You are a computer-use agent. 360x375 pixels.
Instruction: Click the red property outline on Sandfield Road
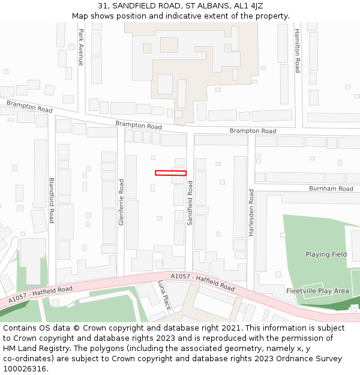tap(170, 173)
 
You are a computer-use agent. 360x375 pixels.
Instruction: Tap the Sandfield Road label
tap(190, 204)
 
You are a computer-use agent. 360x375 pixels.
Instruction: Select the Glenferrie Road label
tap(121, 202)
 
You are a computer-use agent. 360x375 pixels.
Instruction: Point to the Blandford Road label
tap(52, 200)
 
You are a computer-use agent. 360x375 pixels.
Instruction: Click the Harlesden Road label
tap(251, 212)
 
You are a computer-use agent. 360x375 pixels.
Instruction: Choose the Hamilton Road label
tap(296, 51)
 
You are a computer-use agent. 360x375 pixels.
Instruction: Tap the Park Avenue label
tap(81, 47)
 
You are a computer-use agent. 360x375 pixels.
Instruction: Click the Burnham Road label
tap(331, 188)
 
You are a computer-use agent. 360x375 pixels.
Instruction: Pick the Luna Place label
tap(164, 295)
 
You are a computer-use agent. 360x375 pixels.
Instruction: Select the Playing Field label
tap(326, 254)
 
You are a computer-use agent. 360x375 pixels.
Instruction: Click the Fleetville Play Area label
tap(317, 291)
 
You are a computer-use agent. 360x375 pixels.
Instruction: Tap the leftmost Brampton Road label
tap(29, 107)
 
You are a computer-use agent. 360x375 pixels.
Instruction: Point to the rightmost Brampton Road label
tap(253, 131)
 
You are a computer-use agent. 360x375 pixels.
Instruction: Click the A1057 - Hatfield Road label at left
tap(40, 294)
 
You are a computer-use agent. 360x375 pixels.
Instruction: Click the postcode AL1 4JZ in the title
tap(247, 6)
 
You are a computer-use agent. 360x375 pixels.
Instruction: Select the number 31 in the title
tap(103, 6)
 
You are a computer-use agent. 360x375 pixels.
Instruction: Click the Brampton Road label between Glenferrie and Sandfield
tap(139, 125)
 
